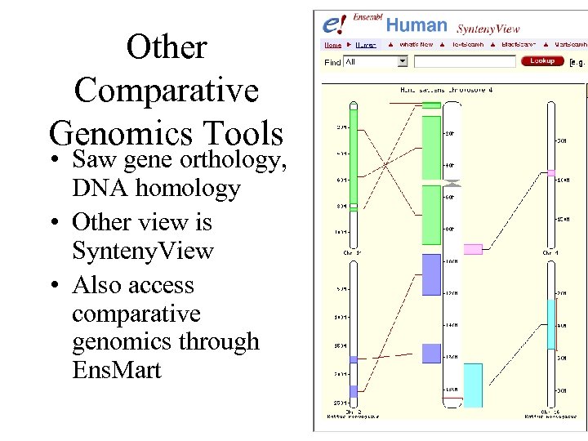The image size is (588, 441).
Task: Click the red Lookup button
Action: click(542, 60)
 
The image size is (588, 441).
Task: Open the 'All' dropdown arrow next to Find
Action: click(402, 61)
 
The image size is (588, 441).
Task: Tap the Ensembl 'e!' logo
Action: click(335, 24)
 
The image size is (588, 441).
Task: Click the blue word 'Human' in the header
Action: click(416, 25)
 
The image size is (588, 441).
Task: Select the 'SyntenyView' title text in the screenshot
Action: click(488, 29)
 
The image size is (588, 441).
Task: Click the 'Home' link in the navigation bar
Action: click(333, 44)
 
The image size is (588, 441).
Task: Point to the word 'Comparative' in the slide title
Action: click(167, 90)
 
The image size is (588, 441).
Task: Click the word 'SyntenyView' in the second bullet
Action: click(143, 251)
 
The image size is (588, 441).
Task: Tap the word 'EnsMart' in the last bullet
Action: click(117, 370)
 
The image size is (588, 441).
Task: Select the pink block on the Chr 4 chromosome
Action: click(551, 172)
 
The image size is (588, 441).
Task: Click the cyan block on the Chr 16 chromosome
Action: click(551, 324)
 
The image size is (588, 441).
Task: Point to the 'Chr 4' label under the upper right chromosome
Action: click(551, 253)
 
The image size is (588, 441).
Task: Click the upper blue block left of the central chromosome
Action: click(431, 274)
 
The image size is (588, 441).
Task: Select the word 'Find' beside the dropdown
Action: click(332, 62)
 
